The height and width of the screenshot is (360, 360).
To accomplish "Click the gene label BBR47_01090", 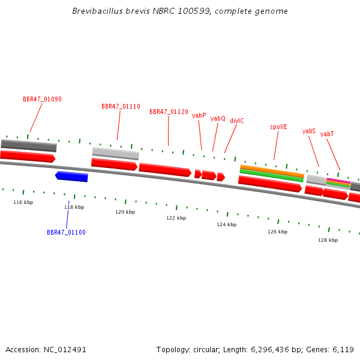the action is coord(42,99).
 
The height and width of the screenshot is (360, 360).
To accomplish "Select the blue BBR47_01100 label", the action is coord(66,232).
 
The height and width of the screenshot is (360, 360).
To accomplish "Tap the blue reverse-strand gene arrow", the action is coord(71,176).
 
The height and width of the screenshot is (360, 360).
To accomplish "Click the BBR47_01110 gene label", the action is coord(121,106).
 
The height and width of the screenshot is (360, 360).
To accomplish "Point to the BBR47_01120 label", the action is coord(169,112).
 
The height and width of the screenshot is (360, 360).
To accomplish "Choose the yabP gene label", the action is coord(199,115).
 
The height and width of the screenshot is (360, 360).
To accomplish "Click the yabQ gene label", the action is coord(218,118).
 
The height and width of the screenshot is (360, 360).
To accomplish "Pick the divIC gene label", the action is coord(237,121).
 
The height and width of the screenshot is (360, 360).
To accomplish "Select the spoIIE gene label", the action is coord(278,127).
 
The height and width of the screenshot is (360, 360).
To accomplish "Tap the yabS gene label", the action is coord(309,131).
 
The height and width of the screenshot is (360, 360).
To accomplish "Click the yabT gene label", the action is coord(327,134).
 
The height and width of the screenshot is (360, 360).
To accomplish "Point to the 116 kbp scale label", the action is coord(23,202).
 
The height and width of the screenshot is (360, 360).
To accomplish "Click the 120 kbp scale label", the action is coord(125,212).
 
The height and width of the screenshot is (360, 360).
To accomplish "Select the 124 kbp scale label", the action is coord(227,224).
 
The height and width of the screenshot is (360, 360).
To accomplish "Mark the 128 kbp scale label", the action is coord(328,240).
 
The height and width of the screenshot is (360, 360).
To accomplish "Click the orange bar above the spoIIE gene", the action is coord(272,171).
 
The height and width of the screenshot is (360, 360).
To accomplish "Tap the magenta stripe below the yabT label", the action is coord(338,181).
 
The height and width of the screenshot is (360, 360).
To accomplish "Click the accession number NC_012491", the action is coord(65,350).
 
